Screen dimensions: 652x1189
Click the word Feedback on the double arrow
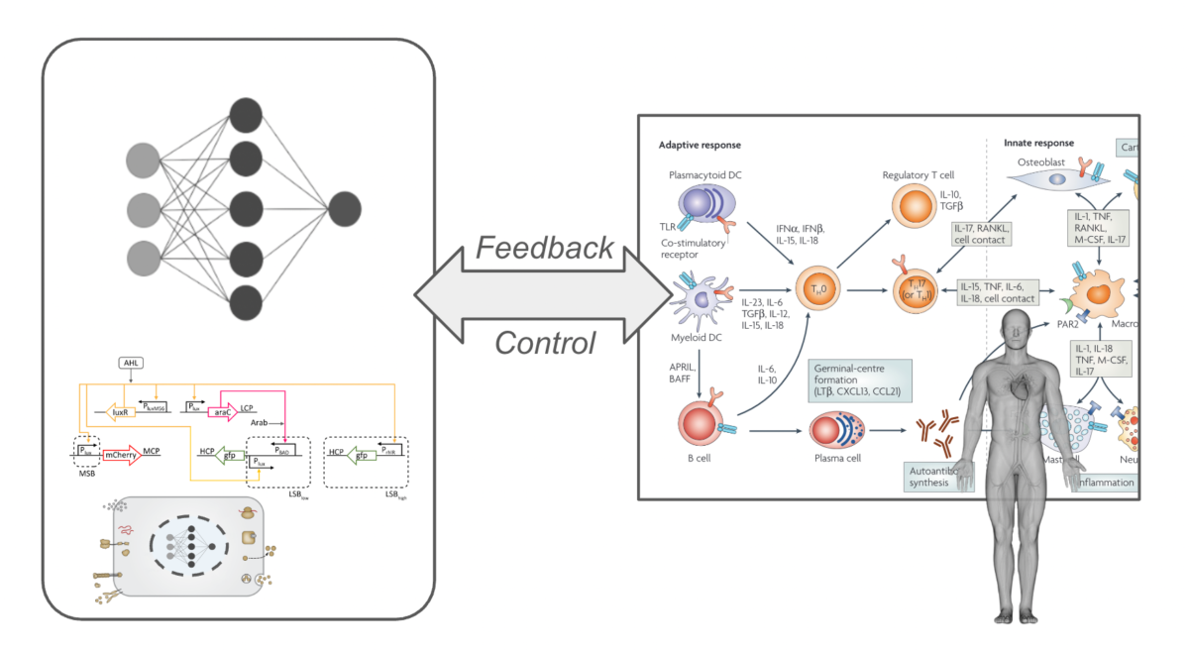544,248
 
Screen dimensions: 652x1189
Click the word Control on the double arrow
544,343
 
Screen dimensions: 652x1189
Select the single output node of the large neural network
345,209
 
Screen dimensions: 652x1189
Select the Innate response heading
1038,144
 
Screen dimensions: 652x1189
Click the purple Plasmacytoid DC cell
704,209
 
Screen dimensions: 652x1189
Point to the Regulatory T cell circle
911,211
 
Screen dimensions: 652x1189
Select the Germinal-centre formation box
860,380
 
